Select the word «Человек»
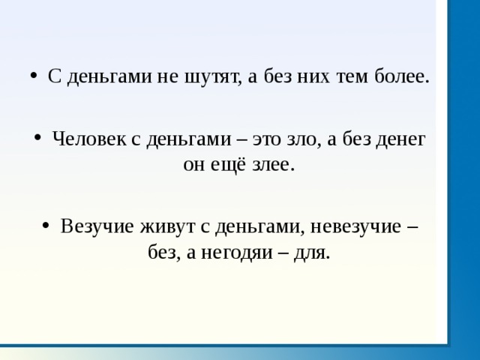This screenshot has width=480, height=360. (x=88, y=139)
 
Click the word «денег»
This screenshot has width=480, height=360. (x=400, y=140)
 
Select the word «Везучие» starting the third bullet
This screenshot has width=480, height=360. (x=97, y=226)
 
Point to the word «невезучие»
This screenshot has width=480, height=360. (x=355, y=226)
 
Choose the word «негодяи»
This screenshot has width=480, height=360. (x=236, y=253)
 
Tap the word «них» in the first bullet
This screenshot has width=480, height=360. (x=313, y=76)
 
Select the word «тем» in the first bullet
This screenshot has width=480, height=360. (x=352, y=76)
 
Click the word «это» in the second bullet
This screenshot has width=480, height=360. (x=267, y=139)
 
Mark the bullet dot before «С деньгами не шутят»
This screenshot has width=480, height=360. (x=34, y=76)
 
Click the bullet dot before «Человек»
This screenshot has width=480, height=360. (x=37, y=138)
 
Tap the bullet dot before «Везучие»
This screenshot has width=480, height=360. (x=46, y=226)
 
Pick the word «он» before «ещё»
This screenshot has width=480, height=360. (x=193, y=166)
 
